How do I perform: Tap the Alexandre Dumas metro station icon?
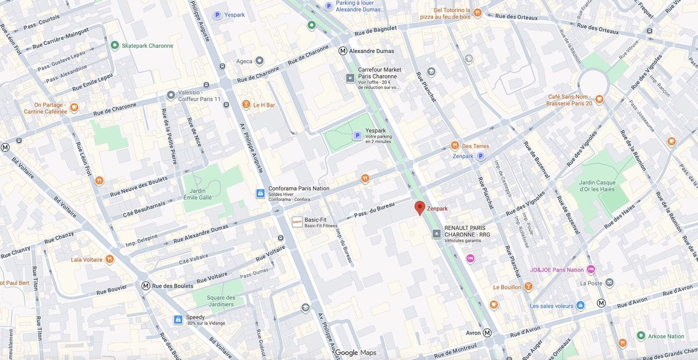pos(342,51)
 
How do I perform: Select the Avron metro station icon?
pos(487,333)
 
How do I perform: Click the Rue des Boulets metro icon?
pos(146,286)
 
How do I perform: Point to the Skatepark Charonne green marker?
pos(115,45)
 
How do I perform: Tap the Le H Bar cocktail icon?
pos(246,105)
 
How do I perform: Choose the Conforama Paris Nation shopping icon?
pos(261,193)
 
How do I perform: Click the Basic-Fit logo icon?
pos(297,222)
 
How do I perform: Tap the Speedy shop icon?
pos(178,320)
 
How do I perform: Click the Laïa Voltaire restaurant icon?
pos(110,260)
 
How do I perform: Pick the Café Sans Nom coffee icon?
pos(599,99)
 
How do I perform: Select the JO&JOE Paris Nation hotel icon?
pos(591,269)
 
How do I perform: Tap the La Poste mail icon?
pos(609,283)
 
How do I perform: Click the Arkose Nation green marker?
pos(641,336)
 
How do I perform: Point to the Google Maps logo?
pos(356,353)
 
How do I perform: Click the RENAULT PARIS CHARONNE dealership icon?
pos(436,234)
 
